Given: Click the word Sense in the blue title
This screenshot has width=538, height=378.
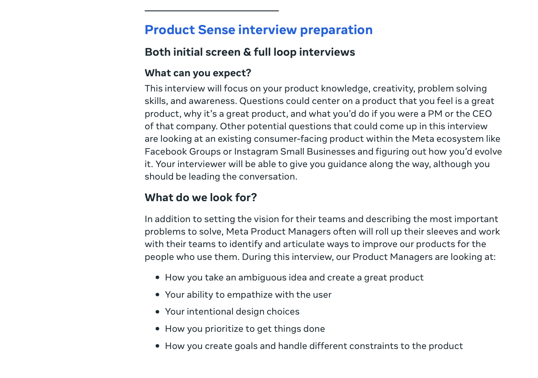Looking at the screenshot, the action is tap(216, 30).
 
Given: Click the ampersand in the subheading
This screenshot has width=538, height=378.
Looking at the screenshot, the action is tap(247, 52).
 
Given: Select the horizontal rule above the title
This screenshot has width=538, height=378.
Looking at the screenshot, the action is tap(212, 11).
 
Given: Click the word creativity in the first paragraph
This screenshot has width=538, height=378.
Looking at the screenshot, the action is tap(394, 89).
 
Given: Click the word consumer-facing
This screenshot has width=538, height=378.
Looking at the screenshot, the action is tap(290, 139).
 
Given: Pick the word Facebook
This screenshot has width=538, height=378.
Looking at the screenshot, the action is tap(166, 152).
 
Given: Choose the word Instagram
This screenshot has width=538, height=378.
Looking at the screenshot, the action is tap(256, 152).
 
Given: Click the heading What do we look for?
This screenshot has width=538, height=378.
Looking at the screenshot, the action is tap(201, 197).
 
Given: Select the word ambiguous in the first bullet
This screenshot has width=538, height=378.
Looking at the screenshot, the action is tap(260, 278).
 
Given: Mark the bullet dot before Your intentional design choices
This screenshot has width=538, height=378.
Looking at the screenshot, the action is tap(158, 312).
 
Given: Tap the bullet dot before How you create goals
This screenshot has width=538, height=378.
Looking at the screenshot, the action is tap(158, 346).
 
